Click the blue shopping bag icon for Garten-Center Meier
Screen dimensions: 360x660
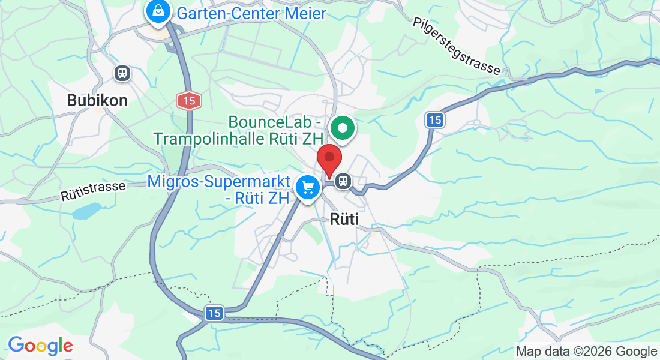[x=157, y=11]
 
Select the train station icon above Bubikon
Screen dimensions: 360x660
[x=122, y=73]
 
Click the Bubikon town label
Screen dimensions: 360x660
[x=97, y=100]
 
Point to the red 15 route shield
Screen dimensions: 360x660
[x=189, y=101]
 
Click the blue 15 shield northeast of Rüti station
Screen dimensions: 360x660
[x=435, y=120]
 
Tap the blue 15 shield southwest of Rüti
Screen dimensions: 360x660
[x=214, y=313]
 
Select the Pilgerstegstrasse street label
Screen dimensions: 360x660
[x=456, y=46]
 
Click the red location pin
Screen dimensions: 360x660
[x=329, y=160]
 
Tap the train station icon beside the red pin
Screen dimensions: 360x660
[x=344, y=180]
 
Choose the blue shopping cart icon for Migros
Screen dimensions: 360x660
[x=308, y=187]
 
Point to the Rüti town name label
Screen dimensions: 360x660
[x=344, y=220]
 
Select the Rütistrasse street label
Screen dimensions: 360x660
[x=93, y=191]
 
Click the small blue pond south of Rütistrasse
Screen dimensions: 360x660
[x=87, y=211]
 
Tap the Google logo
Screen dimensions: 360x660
[x=40, y=346]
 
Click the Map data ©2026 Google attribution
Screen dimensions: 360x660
[x=586, y=352]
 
